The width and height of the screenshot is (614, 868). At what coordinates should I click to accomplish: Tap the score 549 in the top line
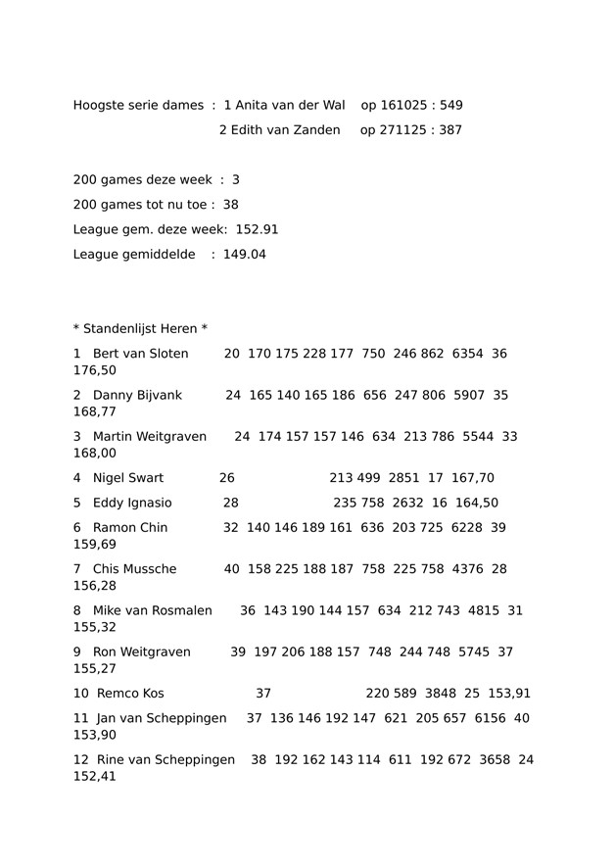click(451, 105)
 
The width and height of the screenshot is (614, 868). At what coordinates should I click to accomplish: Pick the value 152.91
click(258, 229)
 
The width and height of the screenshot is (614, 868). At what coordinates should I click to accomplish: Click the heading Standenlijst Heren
click(140, 328)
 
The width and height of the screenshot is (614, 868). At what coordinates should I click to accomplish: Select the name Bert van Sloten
click(140, 353)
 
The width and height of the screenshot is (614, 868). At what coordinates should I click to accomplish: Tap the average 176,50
click(95, 370)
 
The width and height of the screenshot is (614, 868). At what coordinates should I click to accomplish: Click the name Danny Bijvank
click(137, 395)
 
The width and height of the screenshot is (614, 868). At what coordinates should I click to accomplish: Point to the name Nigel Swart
click(128, 478)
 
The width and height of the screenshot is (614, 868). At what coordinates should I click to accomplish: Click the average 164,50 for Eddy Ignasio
click(477, 503)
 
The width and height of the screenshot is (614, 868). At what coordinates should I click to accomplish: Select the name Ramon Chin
click(130, 527)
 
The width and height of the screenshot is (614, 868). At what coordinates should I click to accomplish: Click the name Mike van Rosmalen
click(152, 610)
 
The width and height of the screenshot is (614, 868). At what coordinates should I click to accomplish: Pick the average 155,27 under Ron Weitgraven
click(95, 669)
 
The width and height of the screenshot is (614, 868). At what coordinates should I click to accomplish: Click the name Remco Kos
click(130, 694)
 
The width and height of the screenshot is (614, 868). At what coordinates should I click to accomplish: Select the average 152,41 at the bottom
click(95, 777)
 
